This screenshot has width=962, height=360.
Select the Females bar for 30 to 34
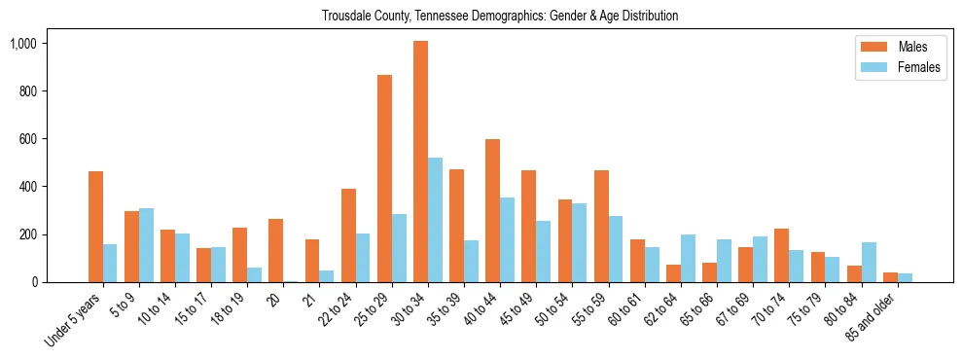click(x=435, y=220)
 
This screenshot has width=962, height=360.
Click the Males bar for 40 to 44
click(x=493, y=210)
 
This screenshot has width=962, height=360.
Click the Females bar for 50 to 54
click(x=580, y=242)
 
